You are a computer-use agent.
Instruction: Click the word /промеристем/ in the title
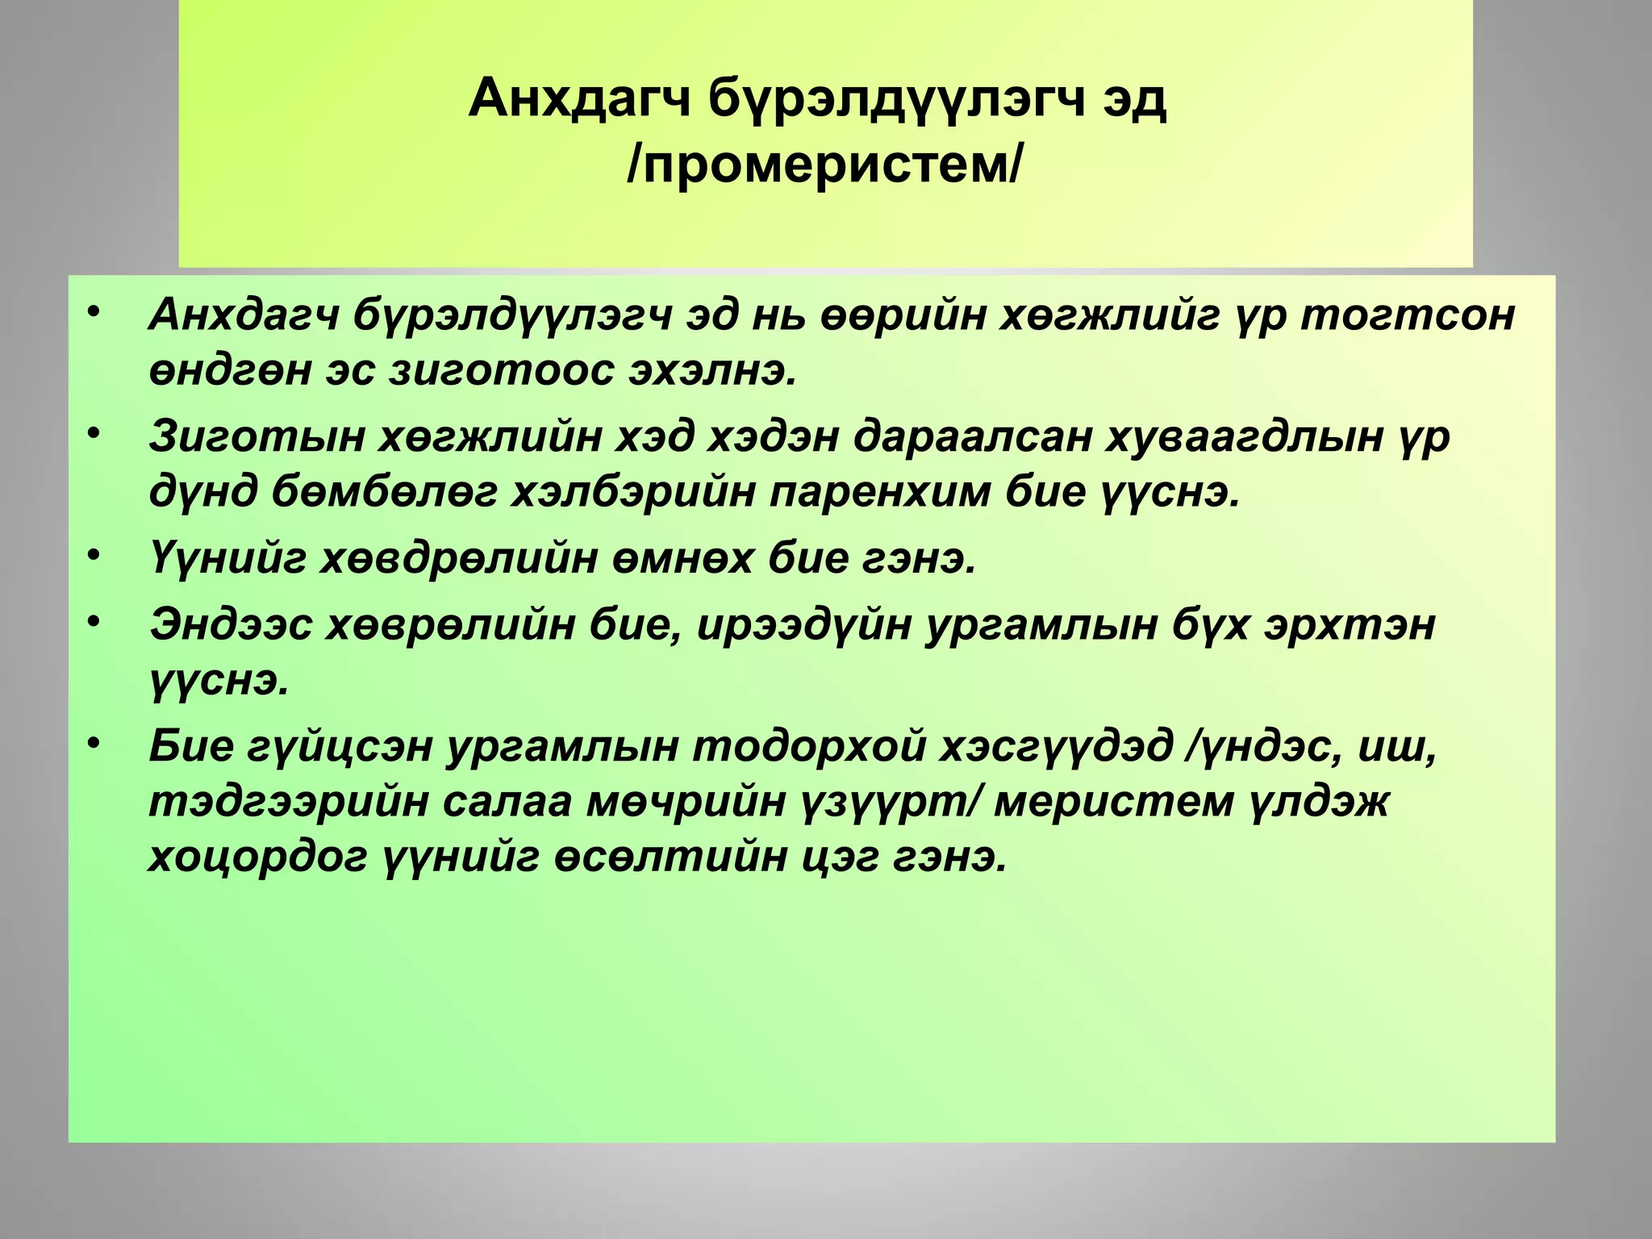(824, 165)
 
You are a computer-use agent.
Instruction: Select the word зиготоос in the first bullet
(500, 371)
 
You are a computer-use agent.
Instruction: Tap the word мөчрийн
(686, 802)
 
